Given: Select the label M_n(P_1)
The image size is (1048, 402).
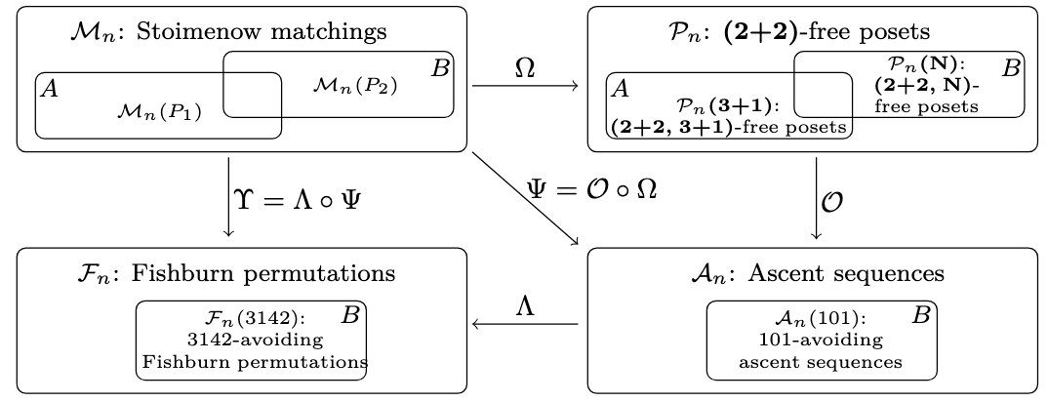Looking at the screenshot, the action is pyautogui.click(x=159, y=112).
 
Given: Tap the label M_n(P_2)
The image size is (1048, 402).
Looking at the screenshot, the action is pyautogui.click(x=355, y=86).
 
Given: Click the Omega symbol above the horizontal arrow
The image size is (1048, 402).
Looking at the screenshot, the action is pyautogui.click(x=525, y=67).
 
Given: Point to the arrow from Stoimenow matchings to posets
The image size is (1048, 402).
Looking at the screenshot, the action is pyautogui.click(x=525, y=86).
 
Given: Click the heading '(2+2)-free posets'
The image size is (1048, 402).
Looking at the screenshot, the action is pyautogui.click(x=827, y=31).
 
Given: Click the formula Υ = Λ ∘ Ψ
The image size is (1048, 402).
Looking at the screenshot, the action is pyautogui.click(x=298, y=199).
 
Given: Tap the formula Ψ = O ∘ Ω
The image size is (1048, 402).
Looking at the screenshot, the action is pyautogui.click(x=592, y=189).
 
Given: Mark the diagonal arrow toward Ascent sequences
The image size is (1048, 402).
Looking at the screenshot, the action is pyautogui.click(x=525, y=199).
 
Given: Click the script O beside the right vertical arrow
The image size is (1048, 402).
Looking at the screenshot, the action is pyautogui.click(x=831, y=201).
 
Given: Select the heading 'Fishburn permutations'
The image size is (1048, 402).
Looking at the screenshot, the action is pyautogui.click(x=262, y=274).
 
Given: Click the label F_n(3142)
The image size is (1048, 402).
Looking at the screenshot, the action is pyautogui.click(x=256, y=317).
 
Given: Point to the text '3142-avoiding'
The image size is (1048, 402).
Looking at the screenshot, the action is pyautogui.click(x=256, y=340).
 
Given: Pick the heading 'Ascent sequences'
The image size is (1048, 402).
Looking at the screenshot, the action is pyautogui.click(x=846, y=274).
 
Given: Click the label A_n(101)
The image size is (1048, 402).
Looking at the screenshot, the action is pyautogui.click(x=820, y=317).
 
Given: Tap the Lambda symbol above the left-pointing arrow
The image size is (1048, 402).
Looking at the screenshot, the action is pyautogui.click(x=525, y=306).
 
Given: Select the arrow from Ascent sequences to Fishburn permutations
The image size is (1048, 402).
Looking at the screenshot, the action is pyautogui.click(x=525, y=324).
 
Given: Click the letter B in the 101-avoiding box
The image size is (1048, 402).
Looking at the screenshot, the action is pyautogui.click(x=921, y=315).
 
